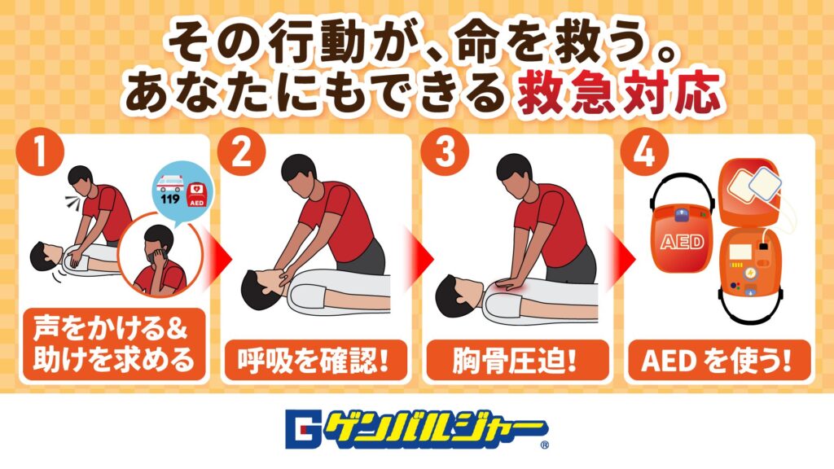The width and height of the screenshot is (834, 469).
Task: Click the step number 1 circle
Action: click(x=41, y=152)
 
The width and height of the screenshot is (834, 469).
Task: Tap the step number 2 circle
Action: click(x=242, y=152)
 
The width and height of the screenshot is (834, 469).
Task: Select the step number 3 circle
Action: click(x=445, y=152)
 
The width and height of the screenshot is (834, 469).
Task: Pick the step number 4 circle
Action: click(x=645, y=152)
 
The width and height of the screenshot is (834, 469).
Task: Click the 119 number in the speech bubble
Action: click(x=169, y=199)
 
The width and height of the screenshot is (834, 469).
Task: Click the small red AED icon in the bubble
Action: click(x=197, y=195)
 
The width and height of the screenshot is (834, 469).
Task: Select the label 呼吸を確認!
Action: click(x=314, y=362)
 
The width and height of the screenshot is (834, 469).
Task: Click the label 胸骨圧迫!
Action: click(x=516, y=362)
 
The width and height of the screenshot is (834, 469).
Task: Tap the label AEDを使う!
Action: click(x=718, y=362)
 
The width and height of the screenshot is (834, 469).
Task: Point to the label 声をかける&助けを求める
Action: click(x=113, y=344)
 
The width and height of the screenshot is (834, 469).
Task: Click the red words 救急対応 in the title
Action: click(x=620, y=94)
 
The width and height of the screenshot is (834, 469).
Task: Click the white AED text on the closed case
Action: click(x=683, y=243)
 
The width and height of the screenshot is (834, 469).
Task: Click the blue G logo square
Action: click(x=303, y=428)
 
